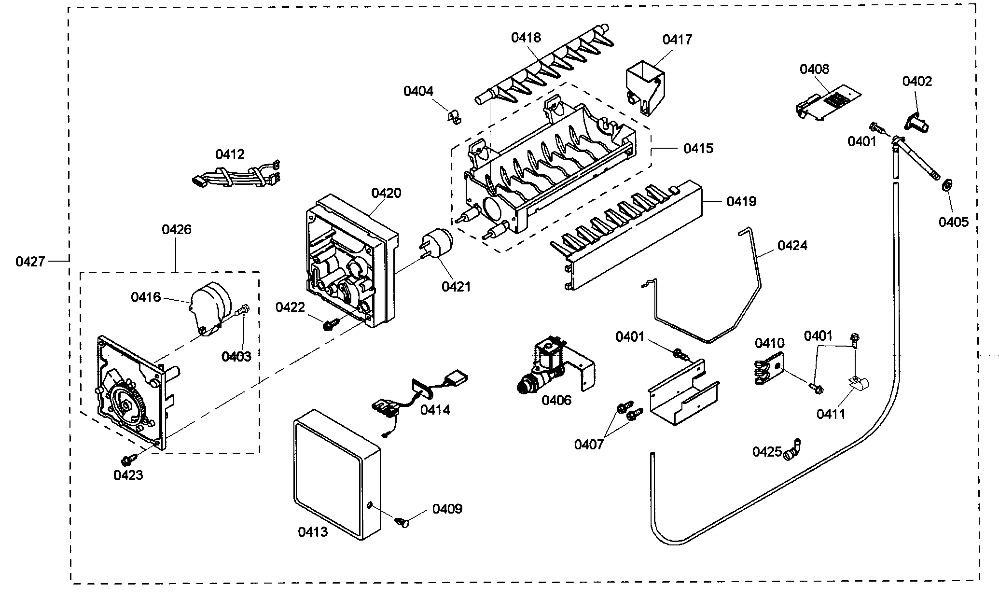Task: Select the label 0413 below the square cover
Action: pos(312,532)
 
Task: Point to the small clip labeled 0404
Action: pos(452,116)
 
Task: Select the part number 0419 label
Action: pos(741,201)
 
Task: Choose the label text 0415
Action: pos(698,148)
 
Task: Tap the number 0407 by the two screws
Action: pos(589,444)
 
